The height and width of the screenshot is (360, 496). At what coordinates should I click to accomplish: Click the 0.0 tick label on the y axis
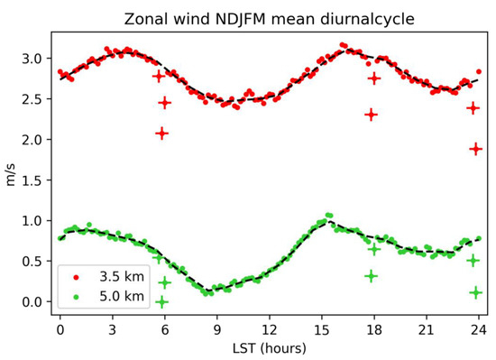tap(31, 302)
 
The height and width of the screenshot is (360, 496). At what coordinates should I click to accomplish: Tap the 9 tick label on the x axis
tap(216, 329)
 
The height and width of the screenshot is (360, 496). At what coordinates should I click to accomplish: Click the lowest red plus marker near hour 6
tap(161, 134)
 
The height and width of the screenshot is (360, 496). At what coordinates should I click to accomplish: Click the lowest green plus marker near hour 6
tap(162, 301)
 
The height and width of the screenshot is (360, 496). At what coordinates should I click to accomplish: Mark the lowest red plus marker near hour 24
tap(476, 149)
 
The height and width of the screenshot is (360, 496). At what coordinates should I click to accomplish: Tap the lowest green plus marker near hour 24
tap(476, 292)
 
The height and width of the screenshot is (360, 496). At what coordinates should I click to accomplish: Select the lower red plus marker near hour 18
tap(371, 115)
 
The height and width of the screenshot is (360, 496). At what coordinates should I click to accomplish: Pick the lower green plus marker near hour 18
tap(371, 276)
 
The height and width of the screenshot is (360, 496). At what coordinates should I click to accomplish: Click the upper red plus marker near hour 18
tap(374, 78)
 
